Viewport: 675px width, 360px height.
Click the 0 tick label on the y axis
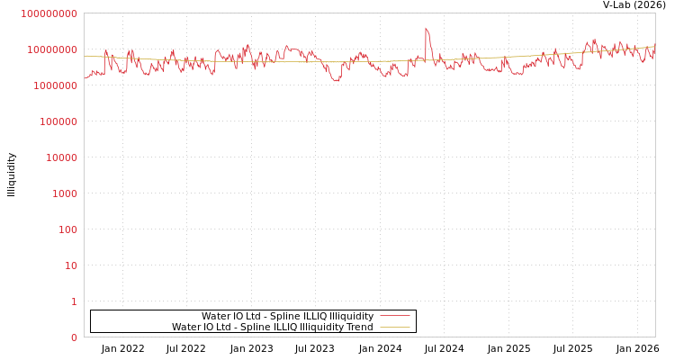(74, 337)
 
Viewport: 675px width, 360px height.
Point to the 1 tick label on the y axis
(74, 301)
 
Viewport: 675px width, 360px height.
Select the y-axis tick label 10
(70, 265)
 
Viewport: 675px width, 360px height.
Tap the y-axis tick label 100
(67, 229)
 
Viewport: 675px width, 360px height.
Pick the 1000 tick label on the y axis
(65, 193)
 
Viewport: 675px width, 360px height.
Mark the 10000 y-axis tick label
(62, 157)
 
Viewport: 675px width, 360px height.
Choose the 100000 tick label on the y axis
(58, 121)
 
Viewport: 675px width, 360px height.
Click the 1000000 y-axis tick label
(56, 85)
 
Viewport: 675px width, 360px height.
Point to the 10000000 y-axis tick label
(53, 49)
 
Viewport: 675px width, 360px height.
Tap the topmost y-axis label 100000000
(49, 13)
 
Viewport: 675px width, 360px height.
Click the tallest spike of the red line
(426, 28)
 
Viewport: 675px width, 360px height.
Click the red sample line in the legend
(394, 316)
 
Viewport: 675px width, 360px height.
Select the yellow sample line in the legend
(394, 327)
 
